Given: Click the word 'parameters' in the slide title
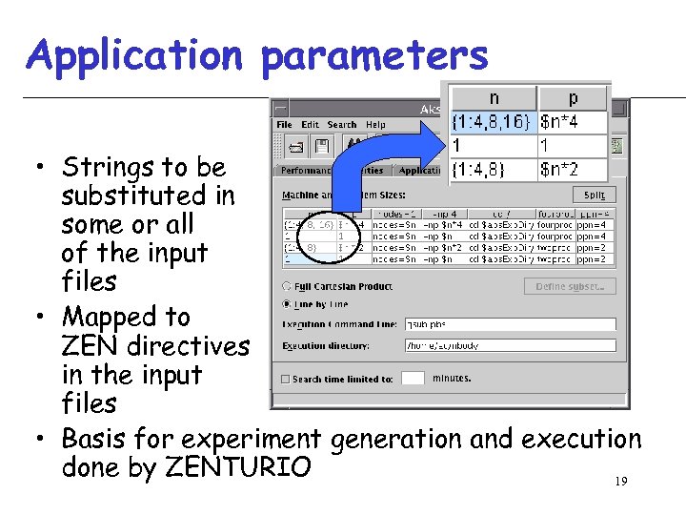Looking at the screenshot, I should point(374,56).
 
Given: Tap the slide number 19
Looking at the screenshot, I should point(620,483).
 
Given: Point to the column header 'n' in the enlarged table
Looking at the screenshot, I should point(494,98).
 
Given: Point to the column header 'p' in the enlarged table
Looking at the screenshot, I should point(573,98).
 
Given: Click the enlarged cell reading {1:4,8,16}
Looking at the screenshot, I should point(494,122).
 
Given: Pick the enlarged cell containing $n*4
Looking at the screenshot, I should point(573,122).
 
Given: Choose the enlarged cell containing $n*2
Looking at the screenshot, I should point(573,170).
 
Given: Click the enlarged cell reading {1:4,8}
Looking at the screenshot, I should point(494,170).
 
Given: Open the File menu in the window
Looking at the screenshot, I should point(284,125).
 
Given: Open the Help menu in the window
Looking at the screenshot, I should point(375,125).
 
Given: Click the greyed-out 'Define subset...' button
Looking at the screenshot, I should point(570,286).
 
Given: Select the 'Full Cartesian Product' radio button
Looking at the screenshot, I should point(288,286).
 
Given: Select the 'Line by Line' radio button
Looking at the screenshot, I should point(288,304).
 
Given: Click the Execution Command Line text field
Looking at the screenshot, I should point(510,324).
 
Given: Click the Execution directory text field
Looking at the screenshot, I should point(510,345).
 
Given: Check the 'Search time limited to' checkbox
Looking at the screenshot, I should point(285,379).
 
